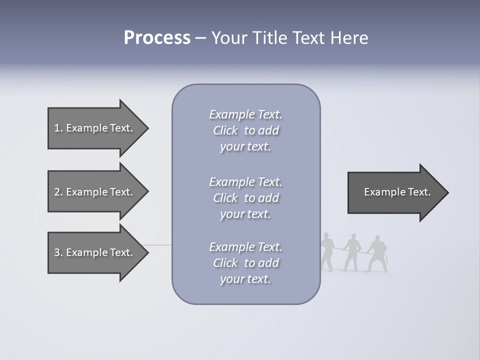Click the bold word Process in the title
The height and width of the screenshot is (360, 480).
[157, 38]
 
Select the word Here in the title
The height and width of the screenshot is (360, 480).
[349, 38]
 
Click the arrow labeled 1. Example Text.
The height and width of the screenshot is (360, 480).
[95, 128]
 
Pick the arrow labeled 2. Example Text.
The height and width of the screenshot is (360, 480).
[95, 192]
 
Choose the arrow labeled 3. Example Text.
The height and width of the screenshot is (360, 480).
[95, 252]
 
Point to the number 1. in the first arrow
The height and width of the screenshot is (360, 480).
[58, 128]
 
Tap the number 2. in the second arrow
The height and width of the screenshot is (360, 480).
[58, 192]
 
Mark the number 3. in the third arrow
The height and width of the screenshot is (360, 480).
[58, 252]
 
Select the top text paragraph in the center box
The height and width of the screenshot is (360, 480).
[246, 130]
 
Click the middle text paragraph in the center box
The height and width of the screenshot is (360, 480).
[246, 198]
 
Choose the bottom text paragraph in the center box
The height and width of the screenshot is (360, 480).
[246, 263]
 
